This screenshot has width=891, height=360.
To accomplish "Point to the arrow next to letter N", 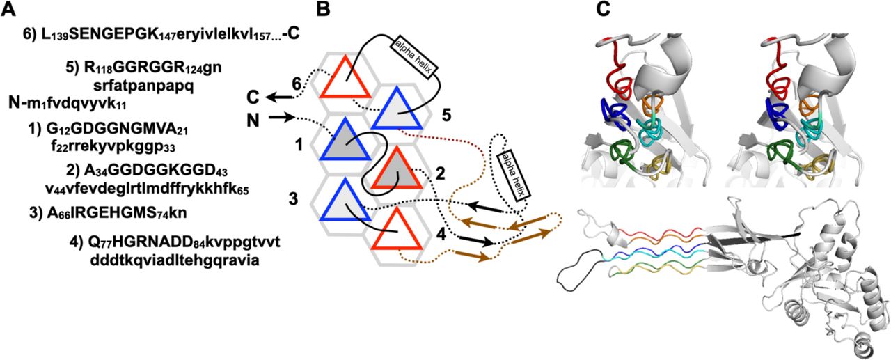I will pos(282,119).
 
